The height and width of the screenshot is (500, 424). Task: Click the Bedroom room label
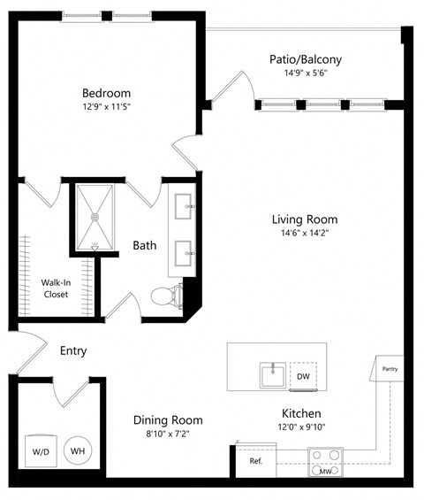coord(106,93)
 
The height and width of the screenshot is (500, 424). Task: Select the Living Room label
coord(304,219)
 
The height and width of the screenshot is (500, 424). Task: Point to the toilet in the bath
coord(165,296)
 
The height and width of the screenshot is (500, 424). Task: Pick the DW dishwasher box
coord(303,376)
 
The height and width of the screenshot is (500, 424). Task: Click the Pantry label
coord(390,368)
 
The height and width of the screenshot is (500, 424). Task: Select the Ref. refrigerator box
coord(256,461)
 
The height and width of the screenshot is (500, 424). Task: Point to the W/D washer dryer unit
coord(41,450)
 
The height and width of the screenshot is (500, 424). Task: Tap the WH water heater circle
coord(78,450)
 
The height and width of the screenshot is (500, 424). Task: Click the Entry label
coord(73,350)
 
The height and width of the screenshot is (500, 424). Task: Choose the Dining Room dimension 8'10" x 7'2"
coord(168,435)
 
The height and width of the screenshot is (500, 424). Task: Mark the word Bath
coord(145,245)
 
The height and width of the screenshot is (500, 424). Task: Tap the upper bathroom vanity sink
coord(187,209)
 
